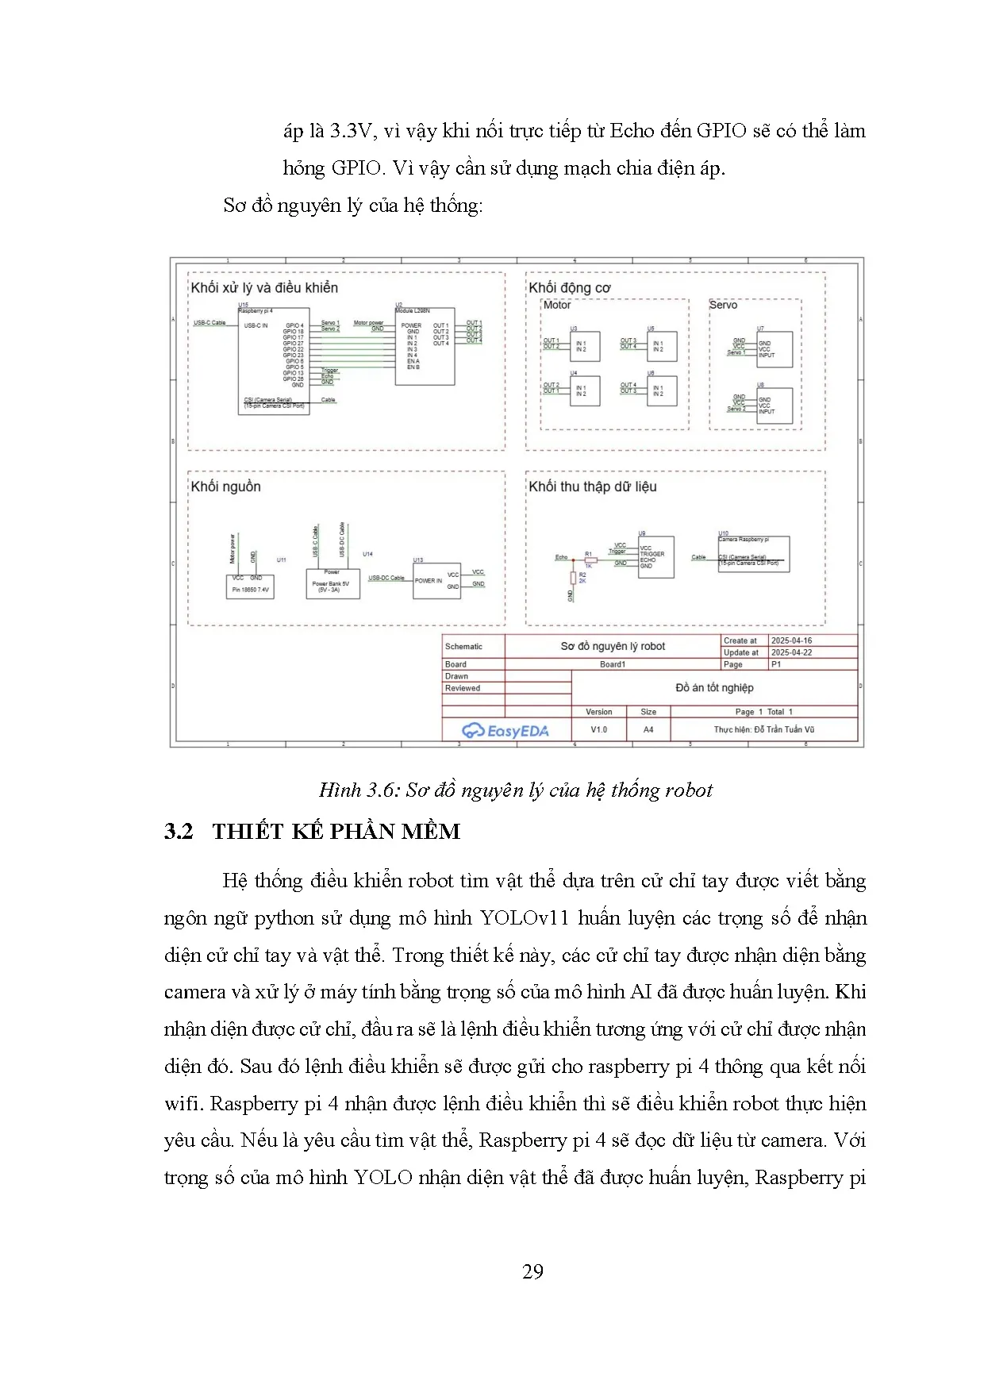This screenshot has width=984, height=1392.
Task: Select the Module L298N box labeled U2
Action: coord(425,347)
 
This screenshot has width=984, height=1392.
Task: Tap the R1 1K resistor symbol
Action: coord(590,559)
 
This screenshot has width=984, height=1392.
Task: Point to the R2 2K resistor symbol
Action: coord(573,578)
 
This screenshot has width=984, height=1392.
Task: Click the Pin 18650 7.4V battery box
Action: coord(250,586)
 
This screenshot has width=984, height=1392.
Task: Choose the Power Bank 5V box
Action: coord(332,584)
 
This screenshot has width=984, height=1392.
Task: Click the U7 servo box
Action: coord(775,349)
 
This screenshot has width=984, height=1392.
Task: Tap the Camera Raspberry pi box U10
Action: coord(753,554)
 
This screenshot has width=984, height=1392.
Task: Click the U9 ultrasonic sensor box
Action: coord(656,556)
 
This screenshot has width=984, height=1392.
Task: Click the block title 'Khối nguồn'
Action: coord(226,486)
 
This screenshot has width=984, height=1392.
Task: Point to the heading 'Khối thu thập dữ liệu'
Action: coord(593,486)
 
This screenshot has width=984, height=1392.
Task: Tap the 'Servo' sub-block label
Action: coord(723,305)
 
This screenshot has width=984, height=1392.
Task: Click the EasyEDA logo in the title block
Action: coord(505,730)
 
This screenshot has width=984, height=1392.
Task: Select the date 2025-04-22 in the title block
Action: coord(791,652)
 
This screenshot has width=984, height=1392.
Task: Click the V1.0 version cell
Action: coord(598,729)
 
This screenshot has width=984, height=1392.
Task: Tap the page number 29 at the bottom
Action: coord(532,1272)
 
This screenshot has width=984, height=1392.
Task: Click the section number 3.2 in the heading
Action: coord(179,831)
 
